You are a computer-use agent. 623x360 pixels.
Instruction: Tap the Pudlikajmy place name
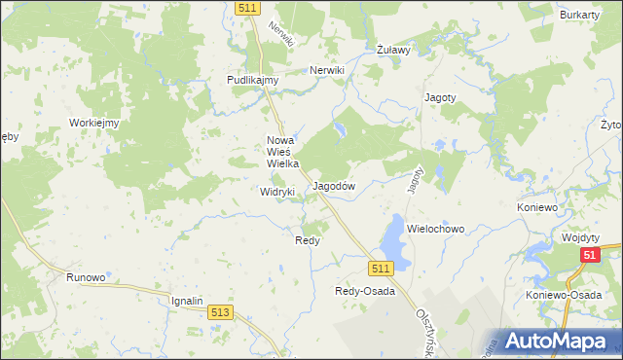[253, 81]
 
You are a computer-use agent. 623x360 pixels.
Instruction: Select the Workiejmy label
[93, 123]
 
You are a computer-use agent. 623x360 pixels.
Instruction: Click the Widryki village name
[276, 193]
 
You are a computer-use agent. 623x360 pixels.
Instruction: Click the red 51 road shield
[589, 255]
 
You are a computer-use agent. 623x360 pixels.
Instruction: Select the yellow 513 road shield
[220, 311]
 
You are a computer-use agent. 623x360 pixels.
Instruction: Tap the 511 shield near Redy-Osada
[381, 268]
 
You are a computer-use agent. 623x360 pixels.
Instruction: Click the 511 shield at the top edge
[246, 7]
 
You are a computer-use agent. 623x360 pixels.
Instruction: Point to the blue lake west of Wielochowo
[392, 234]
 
